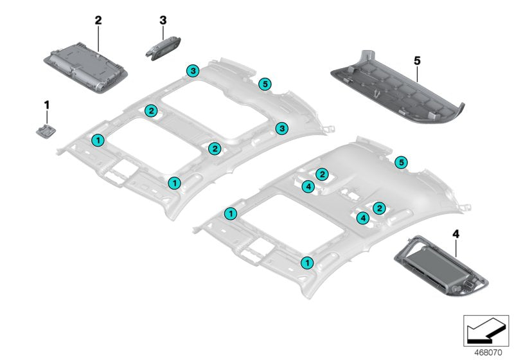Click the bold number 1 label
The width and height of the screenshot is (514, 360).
(46, 104)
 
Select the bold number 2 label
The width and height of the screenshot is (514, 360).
(98, 20)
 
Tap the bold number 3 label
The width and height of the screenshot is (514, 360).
(163, 20)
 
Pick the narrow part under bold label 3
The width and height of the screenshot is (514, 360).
(164, 49)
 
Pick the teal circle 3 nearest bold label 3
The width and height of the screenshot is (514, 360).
(192, 70)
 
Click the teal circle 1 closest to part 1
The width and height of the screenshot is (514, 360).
(97, 139)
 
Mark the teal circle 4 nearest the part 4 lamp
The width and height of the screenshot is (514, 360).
(363, 219)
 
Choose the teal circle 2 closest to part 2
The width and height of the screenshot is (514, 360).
(150, 111)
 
